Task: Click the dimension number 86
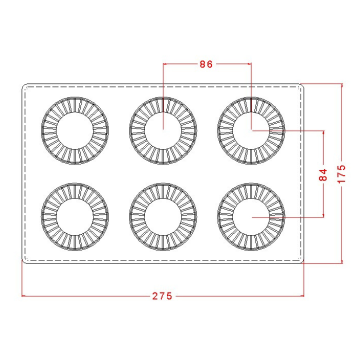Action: point(206,64)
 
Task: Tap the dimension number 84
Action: point(323,174)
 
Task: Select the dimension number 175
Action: point(341,174)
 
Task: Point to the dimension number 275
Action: point(162,296)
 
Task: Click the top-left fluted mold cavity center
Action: point(75,130)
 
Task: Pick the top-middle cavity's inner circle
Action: point(163,112)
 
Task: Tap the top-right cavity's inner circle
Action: point(251,112)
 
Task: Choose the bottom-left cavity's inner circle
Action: point(75,198)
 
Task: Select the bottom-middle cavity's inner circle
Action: point(163,198)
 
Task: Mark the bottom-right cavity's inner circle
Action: point(251,198)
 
